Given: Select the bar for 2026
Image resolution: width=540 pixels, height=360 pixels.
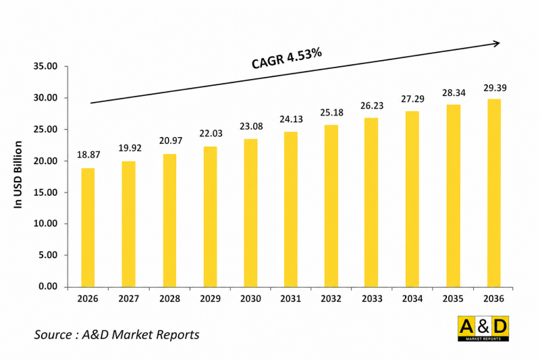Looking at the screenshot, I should tap(88, 227).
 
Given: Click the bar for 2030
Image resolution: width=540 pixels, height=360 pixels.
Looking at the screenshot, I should tap(250, 213).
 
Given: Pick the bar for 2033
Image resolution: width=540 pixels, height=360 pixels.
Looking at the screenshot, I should tap(372, 202).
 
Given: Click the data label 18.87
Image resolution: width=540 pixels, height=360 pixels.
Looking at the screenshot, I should tap(88, 155).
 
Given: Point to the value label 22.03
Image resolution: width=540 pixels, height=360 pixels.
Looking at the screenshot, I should tap(210, 134).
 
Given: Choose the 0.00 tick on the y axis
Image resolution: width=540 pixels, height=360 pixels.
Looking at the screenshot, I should tap(48, 287).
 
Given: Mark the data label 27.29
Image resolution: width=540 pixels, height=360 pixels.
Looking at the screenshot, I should tap(413, 99).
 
